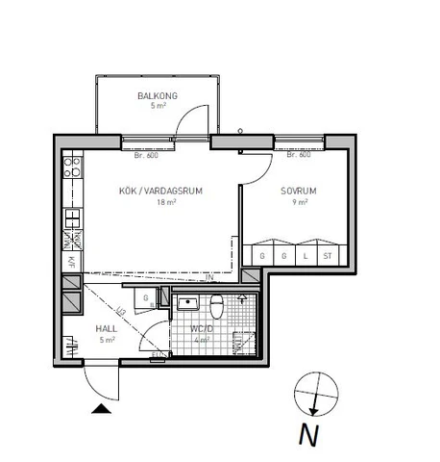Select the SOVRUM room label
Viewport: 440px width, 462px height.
(x=299, y=191)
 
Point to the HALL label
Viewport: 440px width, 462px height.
(x=107, y=328)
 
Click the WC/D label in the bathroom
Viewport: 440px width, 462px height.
(x=204, y=327)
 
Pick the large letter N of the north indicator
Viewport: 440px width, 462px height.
(x=307, y=434)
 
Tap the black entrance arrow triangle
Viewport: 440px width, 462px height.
(x=100, y=410)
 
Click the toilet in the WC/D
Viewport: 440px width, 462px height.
(x=217, y=306)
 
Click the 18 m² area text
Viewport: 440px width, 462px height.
(x=165, y=202)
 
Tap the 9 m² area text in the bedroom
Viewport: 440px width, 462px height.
(x=300, y=202)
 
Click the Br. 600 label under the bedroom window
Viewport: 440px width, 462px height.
(x=285, y=155)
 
